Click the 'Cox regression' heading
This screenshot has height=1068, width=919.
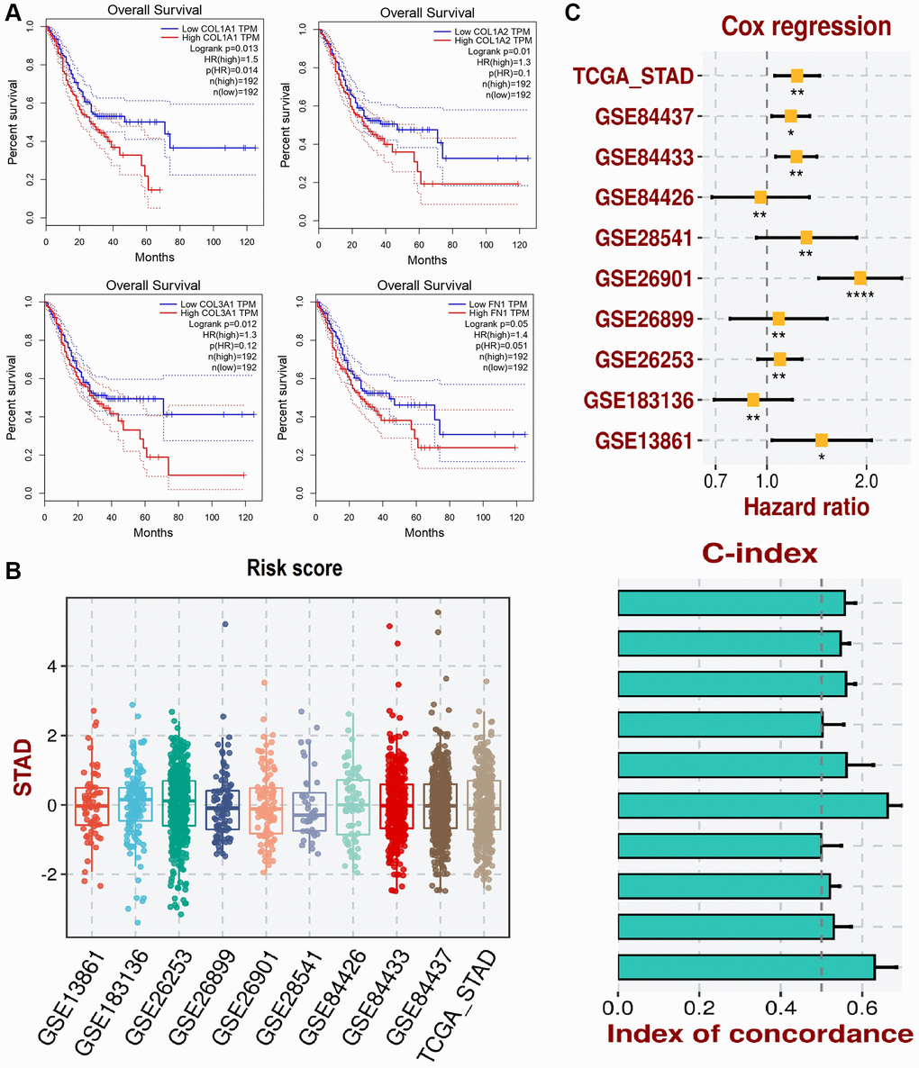click(792, 27)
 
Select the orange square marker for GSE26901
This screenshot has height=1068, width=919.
click(860, 278)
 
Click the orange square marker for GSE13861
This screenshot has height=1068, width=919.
click(822, 440)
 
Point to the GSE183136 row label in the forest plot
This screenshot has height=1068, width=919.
click(638, 400)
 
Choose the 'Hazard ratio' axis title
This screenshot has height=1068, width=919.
click(806, 507)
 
